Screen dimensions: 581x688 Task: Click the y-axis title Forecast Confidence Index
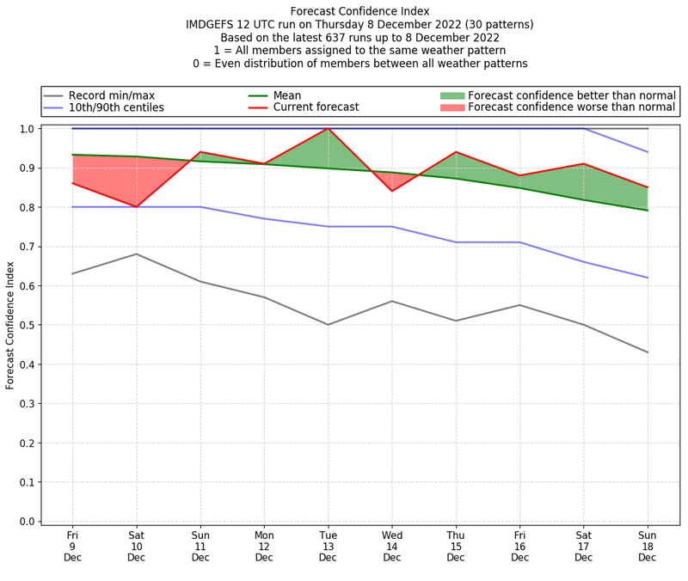click(10, 325)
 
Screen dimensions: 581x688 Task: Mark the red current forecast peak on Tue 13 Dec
click(328, 129)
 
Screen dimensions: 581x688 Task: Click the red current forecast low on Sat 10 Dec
click(136, 207)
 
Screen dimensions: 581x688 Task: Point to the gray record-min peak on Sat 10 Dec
click(136, 254)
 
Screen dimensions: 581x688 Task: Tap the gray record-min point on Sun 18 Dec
click(648, 352)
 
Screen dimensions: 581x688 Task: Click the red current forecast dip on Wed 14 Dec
click(392, 191)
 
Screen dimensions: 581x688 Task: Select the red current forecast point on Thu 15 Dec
click(456, 152)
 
